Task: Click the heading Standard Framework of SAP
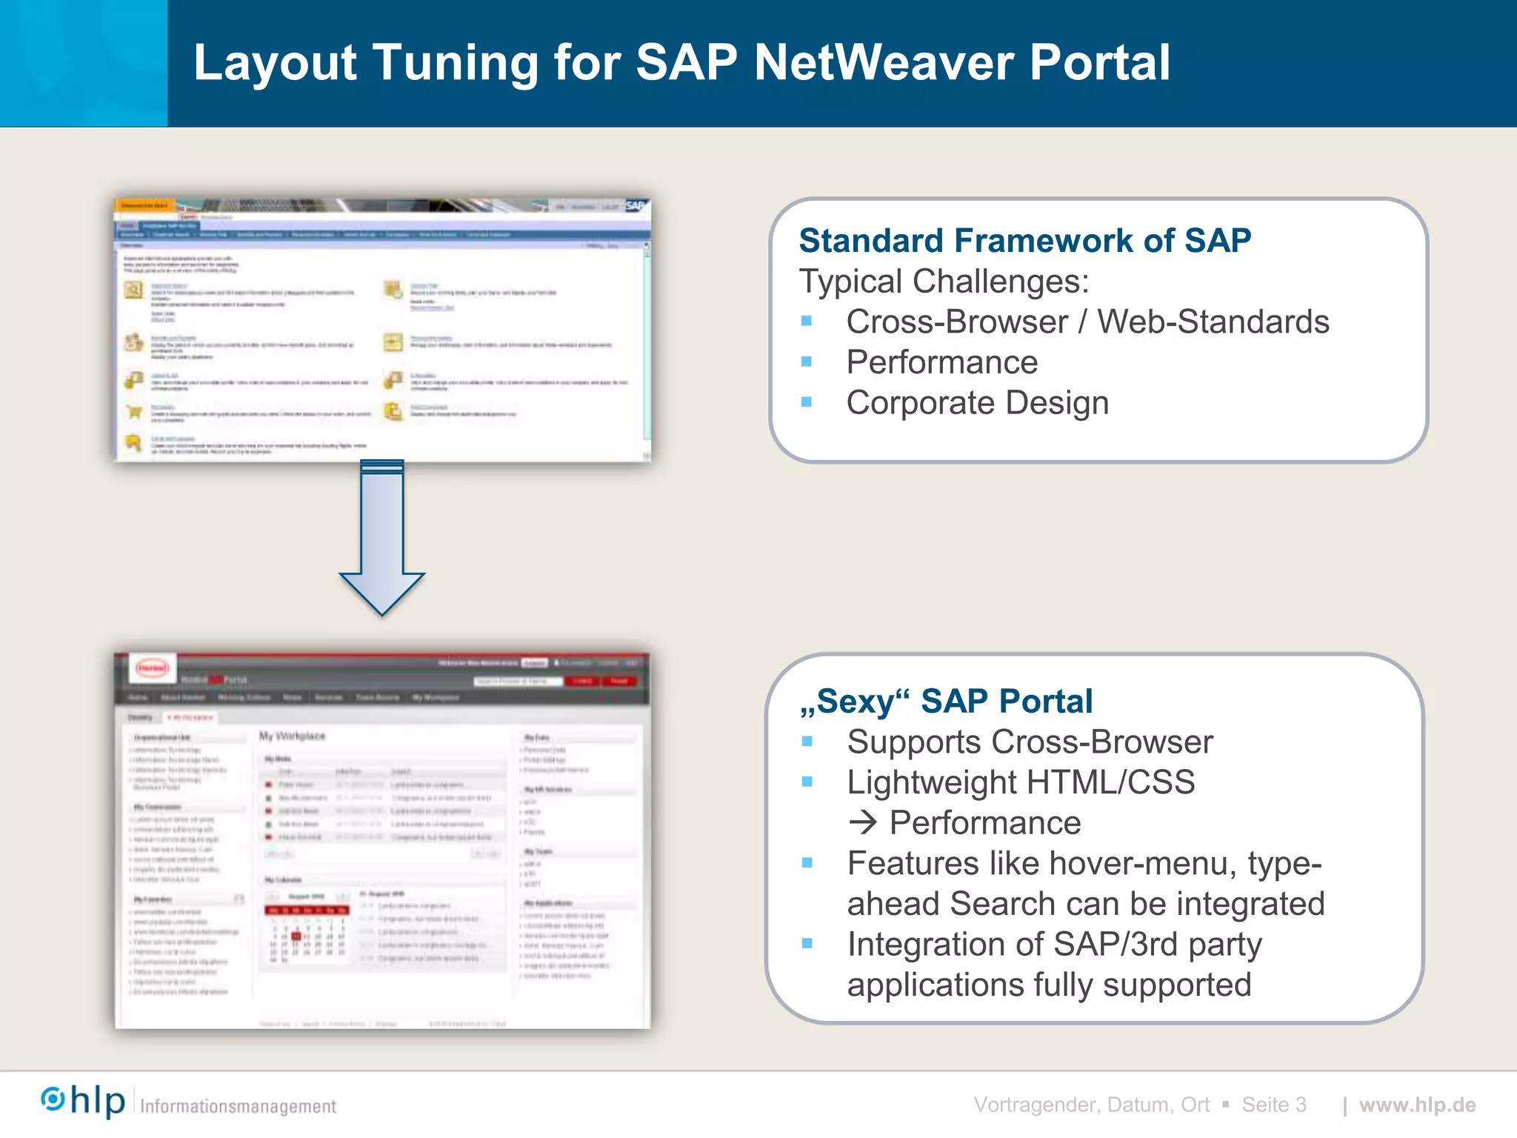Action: (1024, 241)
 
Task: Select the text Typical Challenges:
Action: (944, 282)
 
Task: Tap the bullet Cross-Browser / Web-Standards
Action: (1087, 322)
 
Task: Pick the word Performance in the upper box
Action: (941, 363)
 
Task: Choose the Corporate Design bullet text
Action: (977, 403)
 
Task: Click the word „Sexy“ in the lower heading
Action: (853, 702)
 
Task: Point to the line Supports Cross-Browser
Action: (1029, 742)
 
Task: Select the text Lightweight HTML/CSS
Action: (1020, 783)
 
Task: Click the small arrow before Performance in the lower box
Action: (863, 823)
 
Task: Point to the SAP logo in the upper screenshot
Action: (636, 205)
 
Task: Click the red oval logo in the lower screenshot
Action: (153, 668)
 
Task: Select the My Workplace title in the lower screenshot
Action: (292, 736)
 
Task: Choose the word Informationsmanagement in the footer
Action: (238, 1106)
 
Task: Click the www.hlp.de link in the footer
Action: (1417, 1105)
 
